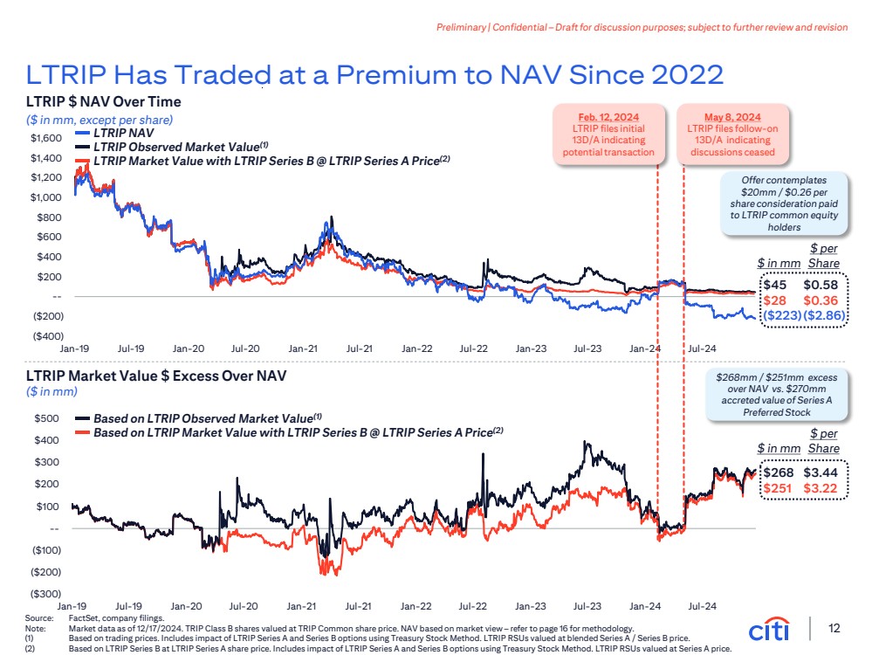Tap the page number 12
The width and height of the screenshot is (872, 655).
[834, 629]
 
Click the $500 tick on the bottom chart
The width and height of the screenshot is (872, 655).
[47, 418]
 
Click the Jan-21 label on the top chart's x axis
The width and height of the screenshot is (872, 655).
[302, 348]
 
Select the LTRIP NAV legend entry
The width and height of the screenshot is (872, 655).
[122, 134]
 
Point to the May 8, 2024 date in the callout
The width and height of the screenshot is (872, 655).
[734, 115]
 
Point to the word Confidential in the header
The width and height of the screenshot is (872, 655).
[520, 27]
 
